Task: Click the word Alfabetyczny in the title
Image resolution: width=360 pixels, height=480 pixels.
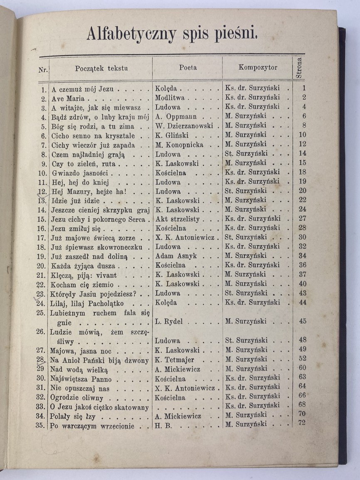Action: tap(131, 34)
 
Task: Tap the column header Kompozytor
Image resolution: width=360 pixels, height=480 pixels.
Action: tap(258, 67)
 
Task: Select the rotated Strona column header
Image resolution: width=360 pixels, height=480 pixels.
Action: tap(299, 68)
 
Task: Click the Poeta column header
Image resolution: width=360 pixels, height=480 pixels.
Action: tap(188, 67)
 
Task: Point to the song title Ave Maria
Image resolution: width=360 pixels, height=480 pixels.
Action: tap(68, 98)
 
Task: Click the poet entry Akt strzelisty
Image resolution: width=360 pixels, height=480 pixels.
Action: tap(178, 219)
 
